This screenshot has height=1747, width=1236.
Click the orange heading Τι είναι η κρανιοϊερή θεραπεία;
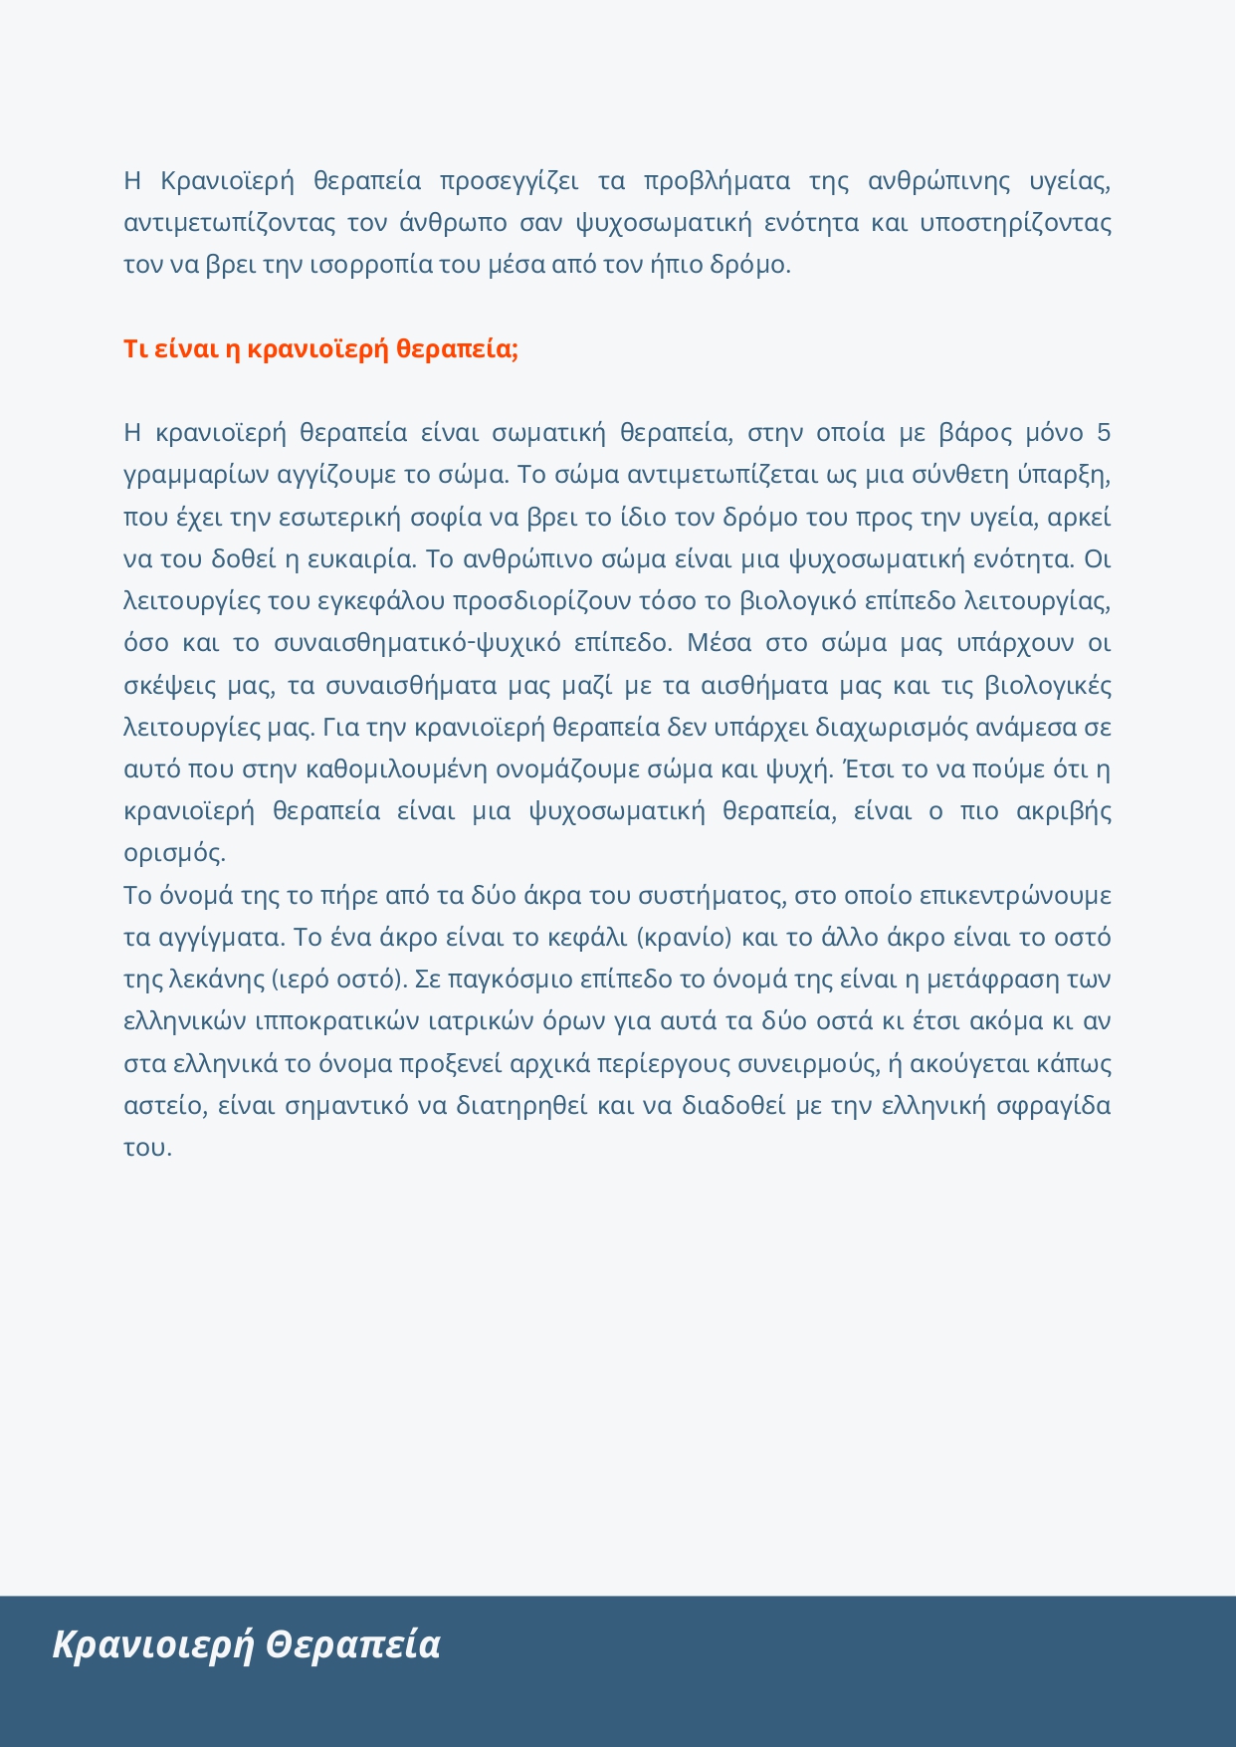coord(320,349)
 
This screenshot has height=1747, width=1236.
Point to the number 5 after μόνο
coord(1103,433)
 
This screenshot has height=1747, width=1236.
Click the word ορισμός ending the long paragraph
coord(173,853)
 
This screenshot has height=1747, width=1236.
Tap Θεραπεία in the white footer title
coord(353,1644)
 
